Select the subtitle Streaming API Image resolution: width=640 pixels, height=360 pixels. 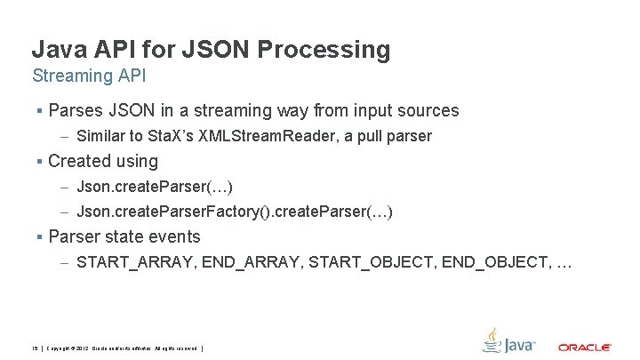(88, 76)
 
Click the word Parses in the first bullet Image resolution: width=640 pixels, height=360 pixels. (76, 111)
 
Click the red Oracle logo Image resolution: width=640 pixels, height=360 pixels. (584, 347)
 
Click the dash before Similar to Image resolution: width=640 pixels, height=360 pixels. (66, 137)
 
